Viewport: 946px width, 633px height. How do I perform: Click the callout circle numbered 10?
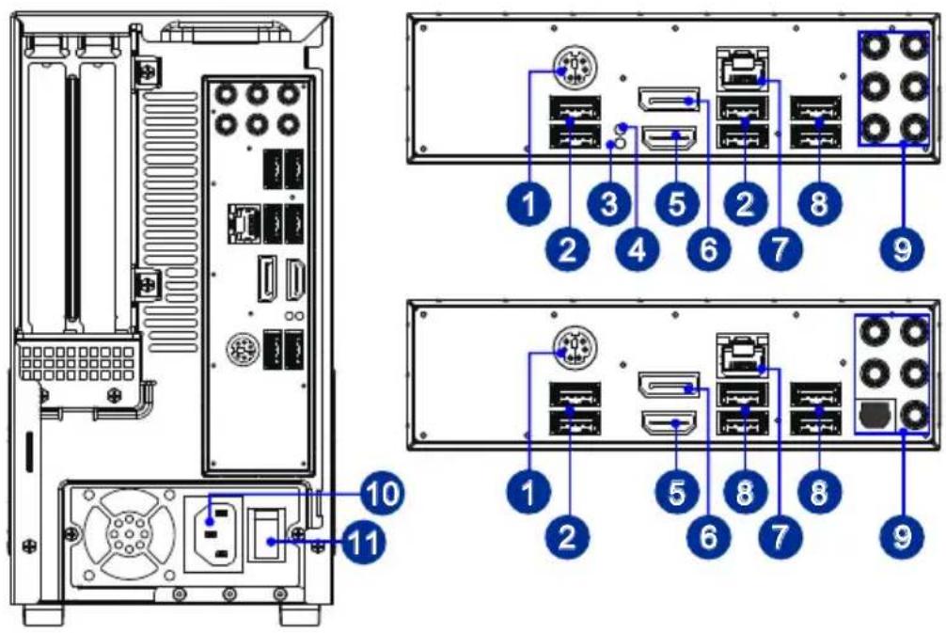384,493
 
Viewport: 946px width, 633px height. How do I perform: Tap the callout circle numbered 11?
363,542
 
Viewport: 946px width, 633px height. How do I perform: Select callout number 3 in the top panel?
610,203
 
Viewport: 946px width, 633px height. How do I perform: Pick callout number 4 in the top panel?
638,248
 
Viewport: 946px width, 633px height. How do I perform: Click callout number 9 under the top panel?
902,248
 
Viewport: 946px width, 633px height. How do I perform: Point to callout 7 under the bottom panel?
780,536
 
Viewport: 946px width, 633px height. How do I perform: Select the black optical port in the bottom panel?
875,415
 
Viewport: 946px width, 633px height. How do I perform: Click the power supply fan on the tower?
127,533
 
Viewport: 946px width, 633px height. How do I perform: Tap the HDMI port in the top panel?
670,139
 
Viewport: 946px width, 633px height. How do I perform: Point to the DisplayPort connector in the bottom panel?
669,385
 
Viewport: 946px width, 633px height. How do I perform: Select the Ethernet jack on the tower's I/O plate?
244,224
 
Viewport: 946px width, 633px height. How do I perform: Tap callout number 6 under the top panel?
709,248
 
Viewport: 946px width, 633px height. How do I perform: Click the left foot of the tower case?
43,614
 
